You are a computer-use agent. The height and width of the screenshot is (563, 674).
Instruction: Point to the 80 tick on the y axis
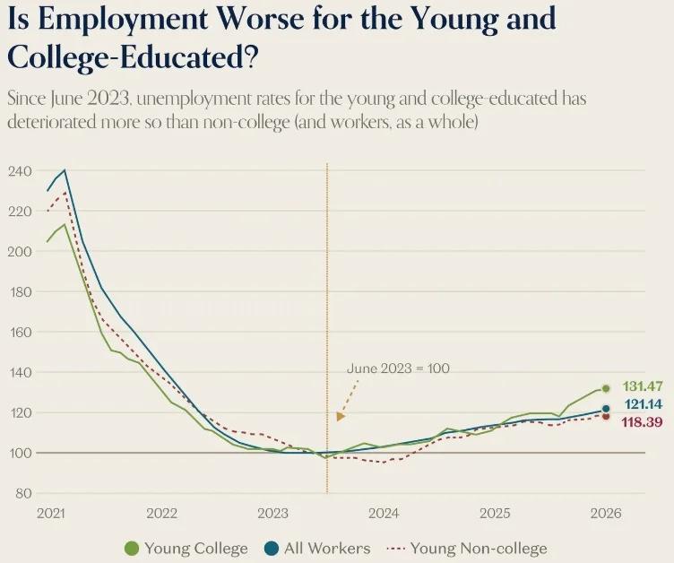(x=22, y=494)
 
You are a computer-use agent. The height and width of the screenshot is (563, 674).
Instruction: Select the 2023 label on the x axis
(x=272, y=514)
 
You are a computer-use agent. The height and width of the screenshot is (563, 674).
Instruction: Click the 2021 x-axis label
(x=51, y=514)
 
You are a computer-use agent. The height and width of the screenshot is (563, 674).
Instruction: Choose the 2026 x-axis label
(x=606, y=514)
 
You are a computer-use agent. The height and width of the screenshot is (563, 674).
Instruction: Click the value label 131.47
(x=642, y=386)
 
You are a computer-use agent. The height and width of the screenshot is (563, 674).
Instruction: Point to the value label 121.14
(x=642, y=404)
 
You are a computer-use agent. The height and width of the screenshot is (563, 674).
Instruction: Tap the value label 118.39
(x=642, y=421)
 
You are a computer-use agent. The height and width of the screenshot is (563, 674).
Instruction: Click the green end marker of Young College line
(x=606, y=388)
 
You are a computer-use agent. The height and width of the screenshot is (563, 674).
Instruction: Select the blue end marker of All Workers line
(x=606, y=409)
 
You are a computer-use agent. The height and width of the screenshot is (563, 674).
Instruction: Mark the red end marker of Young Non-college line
(x=606, y=416)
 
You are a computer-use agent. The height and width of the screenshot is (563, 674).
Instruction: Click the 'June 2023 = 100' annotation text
(x=398, y=368)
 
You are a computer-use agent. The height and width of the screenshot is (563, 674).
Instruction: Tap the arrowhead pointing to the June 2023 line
(x=341, y=416)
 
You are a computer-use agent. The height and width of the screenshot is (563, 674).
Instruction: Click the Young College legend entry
(x=186, y=548)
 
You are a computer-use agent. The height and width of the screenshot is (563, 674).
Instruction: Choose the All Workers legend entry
(x=318, y=548)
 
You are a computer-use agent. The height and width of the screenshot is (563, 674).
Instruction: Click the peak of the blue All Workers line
(x=64, y=170)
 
